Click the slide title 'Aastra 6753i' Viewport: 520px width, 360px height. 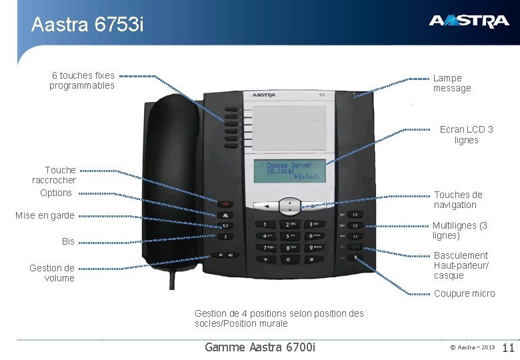coord(87,25)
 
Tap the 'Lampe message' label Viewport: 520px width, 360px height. coord(452,83)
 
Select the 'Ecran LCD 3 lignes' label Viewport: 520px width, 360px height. coord(467,135)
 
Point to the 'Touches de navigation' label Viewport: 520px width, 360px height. coord(458,200)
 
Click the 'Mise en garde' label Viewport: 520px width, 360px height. coord(45,216)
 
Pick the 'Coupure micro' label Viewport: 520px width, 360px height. coord(465,293)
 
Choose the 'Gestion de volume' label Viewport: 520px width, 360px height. coord(52,273)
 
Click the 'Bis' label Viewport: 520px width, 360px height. coord(68,241)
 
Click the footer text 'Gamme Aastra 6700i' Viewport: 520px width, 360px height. coord(261,347)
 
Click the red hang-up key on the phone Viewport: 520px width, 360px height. coord(227,205)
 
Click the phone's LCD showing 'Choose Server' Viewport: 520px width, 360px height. coord(287,171)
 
